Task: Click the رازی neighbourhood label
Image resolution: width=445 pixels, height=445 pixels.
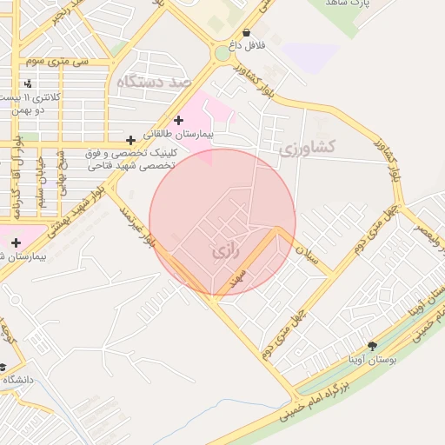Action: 223,252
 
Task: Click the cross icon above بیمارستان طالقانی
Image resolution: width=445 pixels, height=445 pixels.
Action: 179,121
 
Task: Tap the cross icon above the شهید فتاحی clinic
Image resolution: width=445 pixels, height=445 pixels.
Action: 130,139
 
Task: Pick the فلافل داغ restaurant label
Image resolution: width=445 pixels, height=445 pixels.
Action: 246,43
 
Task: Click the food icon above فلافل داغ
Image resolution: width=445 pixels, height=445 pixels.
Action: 246,32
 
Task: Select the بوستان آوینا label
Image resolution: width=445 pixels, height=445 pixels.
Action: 372,358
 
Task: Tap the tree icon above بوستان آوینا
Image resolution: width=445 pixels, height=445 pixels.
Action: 373,345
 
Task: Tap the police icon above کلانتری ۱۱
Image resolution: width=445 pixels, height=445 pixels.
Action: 30,84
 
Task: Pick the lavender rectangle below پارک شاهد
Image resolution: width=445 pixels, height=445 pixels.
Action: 311,55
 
